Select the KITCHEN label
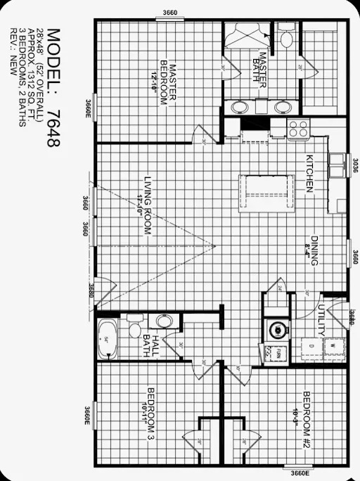pyautogui.click(x=308, y=174)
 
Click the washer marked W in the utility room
pyautogui.click(x=331, y=346)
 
